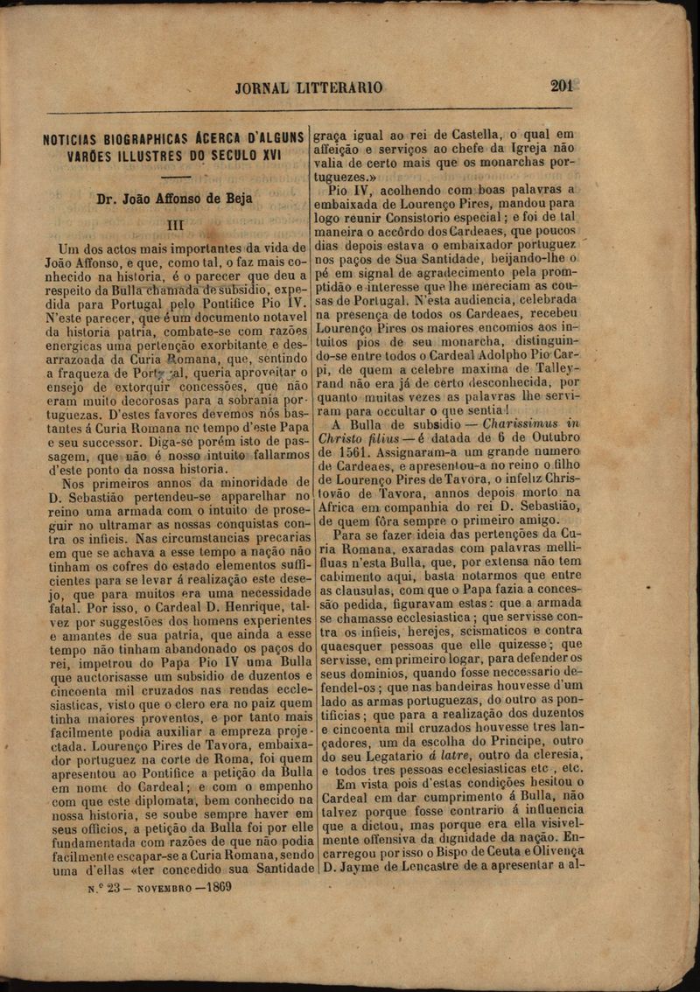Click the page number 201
click(561, 86)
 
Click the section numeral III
click(175, 225)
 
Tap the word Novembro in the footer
click(160, 887)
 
